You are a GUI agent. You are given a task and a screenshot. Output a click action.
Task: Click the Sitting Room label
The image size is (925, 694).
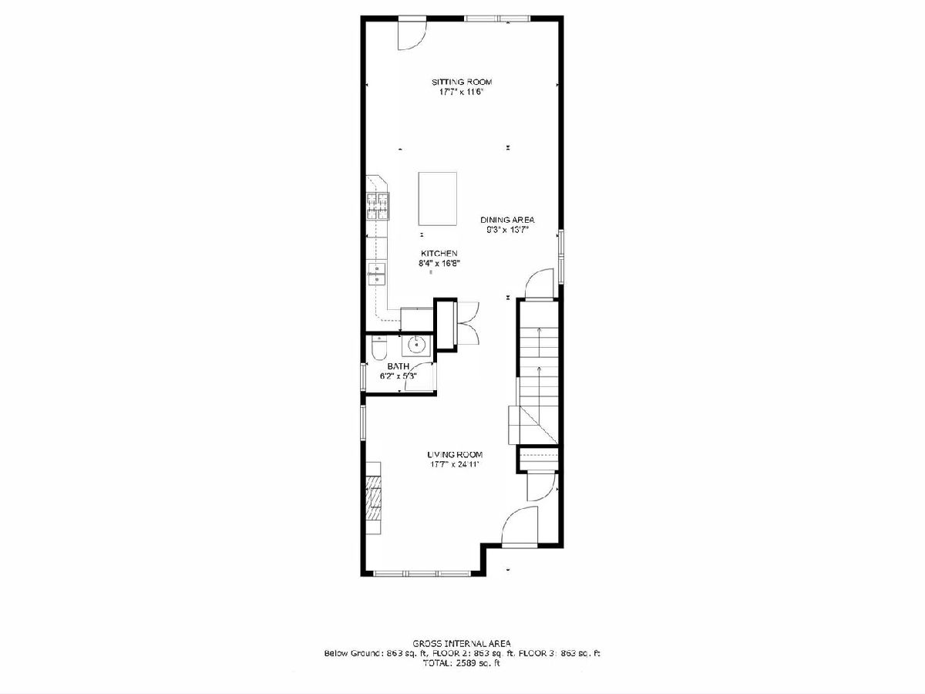coord(462,82)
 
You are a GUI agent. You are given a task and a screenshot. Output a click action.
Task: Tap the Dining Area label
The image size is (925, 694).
coord(507,220)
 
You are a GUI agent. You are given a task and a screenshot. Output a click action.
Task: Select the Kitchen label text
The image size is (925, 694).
coord(439,253)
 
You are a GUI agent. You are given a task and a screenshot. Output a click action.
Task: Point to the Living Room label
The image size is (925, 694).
coord(455,455)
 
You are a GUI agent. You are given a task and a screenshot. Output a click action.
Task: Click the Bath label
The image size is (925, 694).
coord(399,366)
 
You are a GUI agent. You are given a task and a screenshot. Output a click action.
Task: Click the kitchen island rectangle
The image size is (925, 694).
coord(437,199)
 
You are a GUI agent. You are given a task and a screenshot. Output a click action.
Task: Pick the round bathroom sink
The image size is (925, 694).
coord(416,346)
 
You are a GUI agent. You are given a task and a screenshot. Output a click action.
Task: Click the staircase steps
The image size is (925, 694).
coord(539,383)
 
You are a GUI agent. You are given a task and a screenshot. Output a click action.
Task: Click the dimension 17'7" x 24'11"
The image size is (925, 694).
coord(455,465)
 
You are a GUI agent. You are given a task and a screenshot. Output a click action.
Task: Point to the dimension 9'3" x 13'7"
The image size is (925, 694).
coord(507,230)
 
